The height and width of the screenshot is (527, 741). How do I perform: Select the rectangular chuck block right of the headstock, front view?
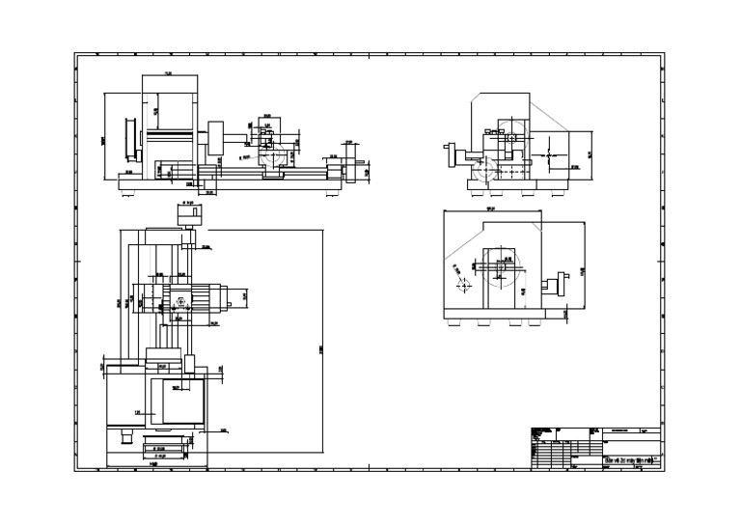pyautogui.click(x=215, y=136)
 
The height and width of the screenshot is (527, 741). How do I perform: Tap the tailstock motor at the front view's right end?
pyautogui.click(x=351, y=170)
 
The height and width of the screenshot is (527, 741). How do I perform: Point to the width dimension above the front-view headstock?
pyautogui.click(x=169, y=74)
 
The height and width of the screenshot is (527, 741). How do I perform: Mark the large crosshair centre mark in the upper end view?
pyautogui.click(x=547, y=153)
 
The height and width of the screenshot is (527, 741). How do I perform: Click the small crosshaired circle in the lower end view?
pyautogui.click(x=464, y=287)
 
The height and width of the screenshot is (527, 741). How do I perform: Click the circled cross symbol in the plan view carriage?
pyautogui.click(x=179, y=302)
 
